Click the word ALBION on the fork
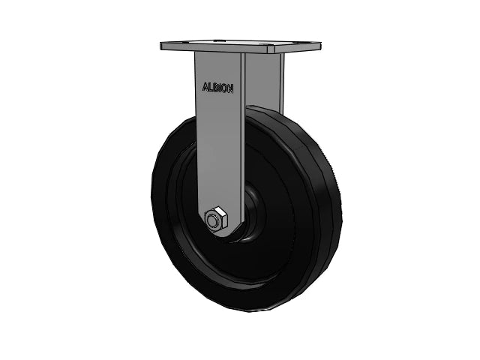tap(218, 87)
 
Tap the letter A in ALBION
tap(205, 87)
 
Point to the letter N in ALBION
tap(230, 87)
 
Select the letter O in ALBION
tap(225, 87)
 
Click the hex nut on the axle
tap(214, 220)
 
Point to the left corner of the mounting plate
tap(163, 47)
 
